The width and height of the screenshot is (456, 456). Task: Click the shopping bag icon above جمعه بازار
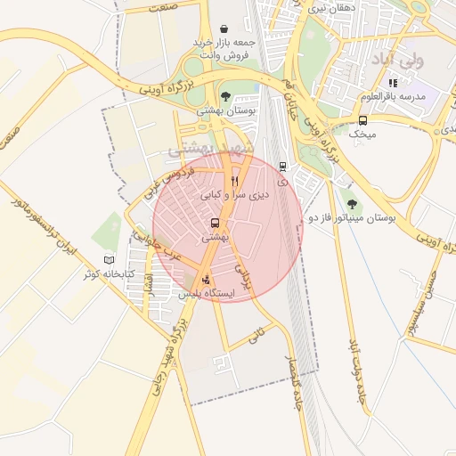pos(222,28)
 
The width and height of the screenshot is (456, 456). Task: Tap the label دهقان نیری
pos(330,7)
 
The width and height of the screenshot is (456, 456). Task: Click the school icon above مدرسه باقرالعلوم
pos(393,83)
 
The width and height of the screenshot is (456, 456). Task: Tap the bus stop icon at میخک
pos(362,120)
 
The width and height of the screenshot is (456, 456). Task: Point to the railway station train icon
pos(282,166)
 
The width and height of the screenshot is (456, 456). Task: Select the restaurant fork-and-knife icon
pos(235,180)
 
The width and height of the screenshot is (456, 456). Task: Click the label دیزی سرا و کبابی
pos(233,193)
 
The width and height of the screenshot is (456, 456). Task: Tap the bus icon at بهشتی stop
pos(215,224)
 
